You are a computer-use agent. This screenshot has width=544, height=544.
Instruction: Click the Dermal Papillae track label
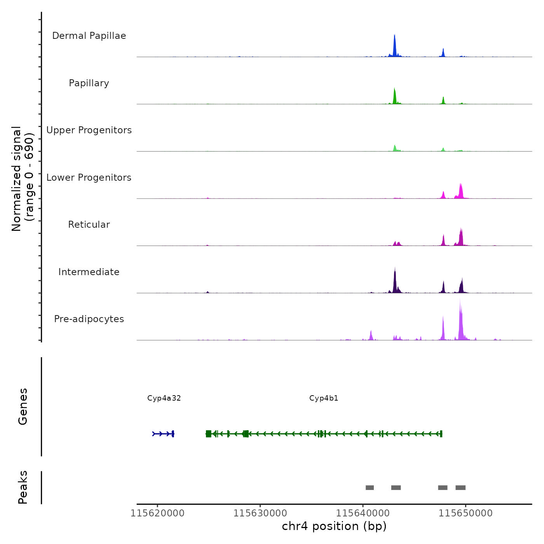(x=89, y=36)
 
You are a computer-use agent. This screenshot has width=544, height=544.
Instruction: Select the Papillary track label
(x=89, y=83)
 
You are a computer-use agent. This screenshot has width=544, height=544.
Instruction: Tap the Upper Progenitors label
(x=89, y=130)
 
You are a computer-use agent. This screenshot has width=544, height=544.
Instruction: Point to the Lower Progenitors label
(x=89, y=178)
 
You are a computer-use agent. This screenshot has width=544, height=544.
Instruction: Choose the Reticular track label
(x=89, y=225)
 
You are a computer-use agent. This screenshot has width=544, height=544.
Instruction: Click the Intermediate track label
(x=89, y=272)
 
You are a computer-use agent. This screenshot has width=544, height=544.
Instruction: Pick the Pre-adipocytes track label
(x=89, y=319)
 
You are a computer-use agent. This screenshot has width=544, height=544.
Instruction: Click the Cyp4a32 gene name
(x=164, y=398)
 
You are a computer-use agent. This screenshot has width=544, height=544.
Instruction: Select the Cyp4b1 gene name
(x=324, y=398)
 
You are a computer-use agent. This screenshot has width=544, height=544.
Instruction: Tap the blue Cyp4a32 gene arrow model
(x=163, y=434)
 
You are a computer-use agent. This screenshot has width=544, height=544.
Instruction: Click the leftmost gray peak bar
(x=370, y=488)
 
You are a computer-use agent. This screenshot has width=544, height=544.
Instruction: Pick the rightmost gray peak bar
(x=460, y=488)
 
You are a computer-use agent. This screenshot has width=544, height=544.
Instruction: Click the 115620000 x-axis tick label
(x=157, y=513)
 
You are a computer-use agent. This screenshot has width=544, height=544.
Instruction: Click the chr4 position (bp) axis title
(x=334, y=527)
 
